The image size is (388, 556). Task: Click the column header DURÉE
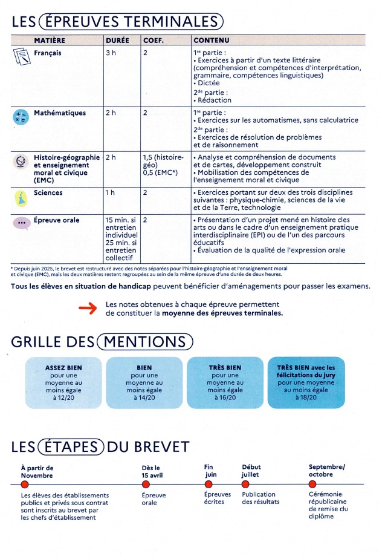tap(117, 40)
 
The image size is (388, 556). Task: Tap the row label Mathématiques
tap(60, 113)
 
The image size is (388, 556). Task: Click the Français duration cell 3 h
tap(111, 53)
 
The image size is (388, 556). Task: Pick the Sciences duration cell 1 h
tap(110, 193)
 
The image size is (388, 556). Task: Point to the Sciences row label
tap(48, 193)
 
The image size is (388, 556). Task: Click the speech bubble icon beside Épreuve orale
tap(22, 223)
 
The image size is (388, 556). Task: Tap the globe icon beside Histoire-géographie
tap(22, 162)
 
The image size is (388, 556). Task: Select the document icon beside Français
tap(22, 57)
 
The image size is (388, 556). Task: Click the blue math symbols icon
tap(22, 117)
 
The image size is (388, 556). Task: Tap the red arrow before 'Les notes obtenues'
tap(88, 309)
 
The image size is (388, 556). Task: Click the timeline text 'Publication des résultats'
tap(260, 498)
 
